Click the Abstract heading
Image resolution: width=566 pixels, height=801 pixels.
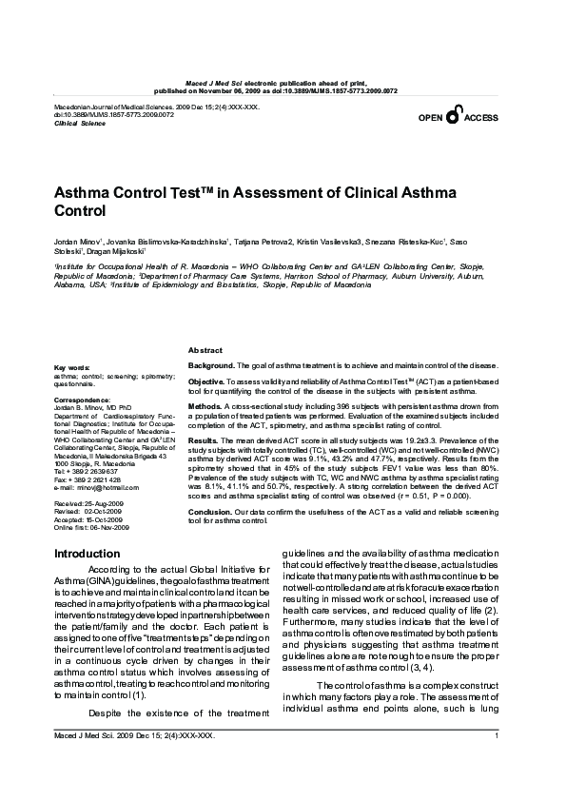tap(206, 351)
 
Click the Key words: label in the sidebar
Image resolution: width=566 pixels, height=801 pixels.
tap(72, 367)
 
